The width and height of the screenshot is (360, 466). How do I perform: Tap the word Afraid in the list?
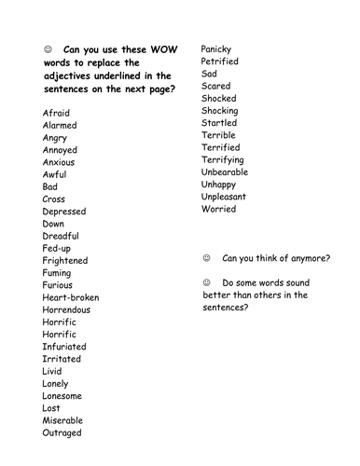click(x=57, y=113)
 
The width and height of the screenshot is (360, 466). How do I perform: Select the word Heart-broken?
click(x=71, y=297)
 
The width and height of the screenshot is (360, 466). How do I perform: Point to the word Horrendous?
click(x=69, y=309)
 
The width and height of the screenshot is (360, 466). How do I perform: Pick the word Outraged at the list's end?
click(x=62, y=432)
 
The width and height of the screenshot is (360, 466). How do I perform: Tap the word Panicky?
click(x=217, y=48)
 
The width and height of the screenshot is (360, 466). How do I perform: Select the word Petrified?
click(x=220, y=61)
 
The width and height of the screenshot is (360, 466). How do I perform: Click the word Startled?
click(x=218, y=122)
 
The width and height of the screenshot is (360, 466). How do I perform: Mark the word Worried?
click(x=219, y=209)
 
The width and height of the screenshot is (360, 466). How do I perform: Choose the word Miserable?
click(x=63, y=420)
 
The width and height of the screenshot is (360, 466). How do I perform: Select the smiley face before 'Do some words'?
click(x=205, y=281)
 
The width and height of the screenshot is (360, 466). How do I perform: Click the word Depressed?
click(x=64, y=212)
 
